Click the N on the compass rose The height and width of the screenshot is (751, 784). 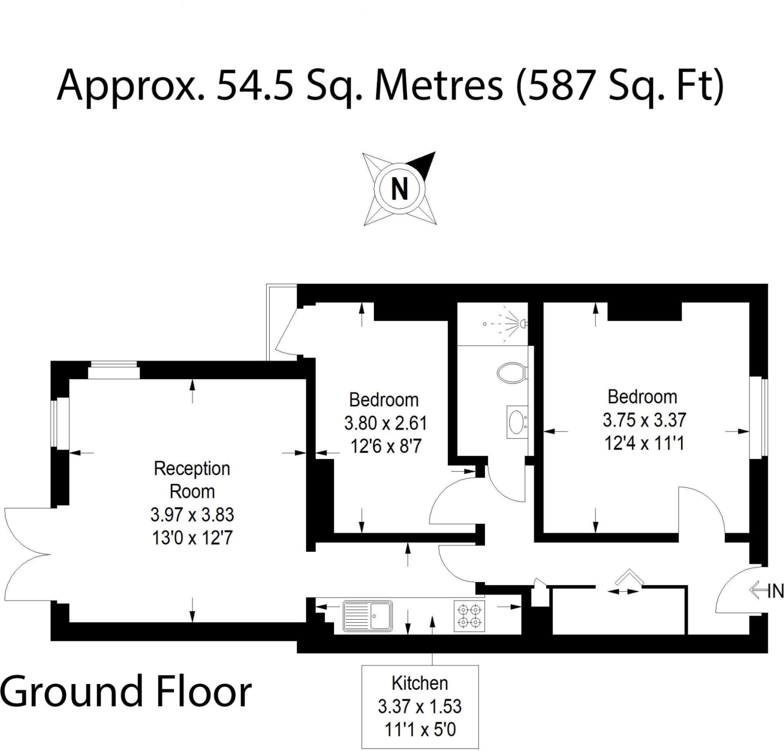point(399,189)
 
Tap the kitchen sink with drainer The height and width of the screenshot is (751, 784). point(367,616)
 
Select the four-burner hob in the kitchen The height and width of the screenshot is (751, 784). point(469,616)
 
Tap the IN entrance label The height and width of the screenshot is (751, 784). point(776,591)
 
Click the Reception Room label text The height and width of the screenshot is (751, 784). point(192,480)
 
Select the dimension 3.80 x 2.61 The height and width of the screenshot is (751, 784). point(386,423)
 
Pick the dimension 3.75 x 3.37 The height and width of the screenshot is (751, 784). point(644,420)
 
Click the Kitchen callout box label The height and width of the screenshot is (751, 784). point(420,683)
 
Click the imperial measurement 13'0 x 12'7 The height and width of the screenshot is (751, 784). point(192,538)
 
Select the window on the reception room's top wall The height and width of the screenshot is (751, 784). point(113,370)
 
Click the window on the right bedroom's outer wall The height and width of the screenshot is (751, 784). point(759,418)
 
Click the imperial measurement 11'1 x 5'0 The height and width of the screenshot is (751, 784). point(420,729)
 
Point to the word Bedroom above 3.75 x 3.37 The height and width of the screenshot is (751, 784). point(642,397)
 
